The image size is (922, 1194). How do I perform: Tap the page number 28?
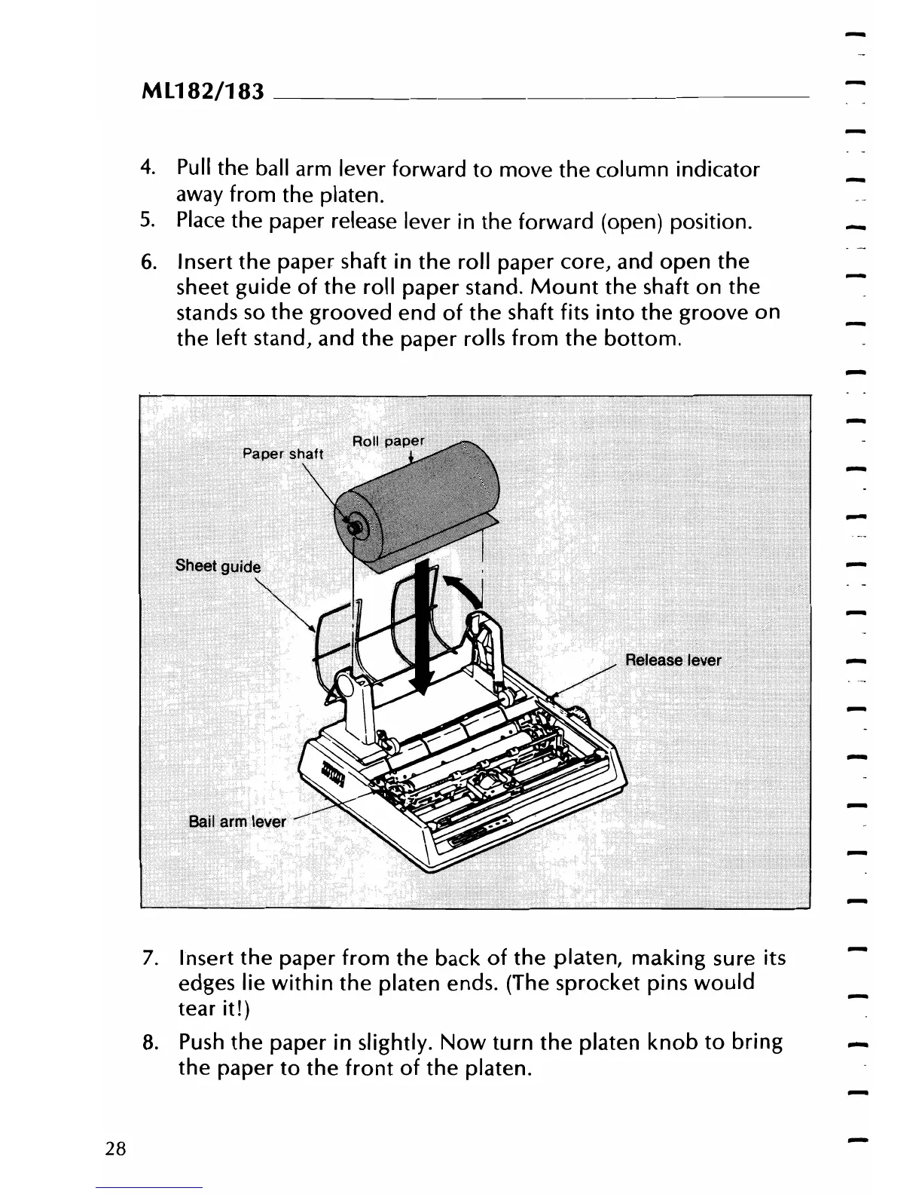(x=116, y=1150)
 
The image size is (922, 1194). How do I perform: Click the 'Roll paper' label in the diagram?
(x=389, y=441)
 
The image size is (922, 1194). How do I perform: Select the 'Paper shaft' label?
(x=282, y=454)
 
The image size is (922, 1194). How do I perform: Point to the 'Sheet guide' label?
(x=218, y=566)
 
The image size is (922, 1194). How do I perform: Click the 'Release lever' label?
(x=673, y=661)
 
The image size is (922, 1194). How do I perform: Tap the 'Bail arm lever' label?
(x=237, y=822)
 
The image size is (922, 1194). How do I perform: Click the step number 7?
(x=148, y=959)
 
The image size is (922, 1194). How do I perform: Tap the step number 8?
(x=148, y=1043)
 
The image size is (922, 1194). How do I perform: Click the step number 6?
(x=148, y=262)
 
